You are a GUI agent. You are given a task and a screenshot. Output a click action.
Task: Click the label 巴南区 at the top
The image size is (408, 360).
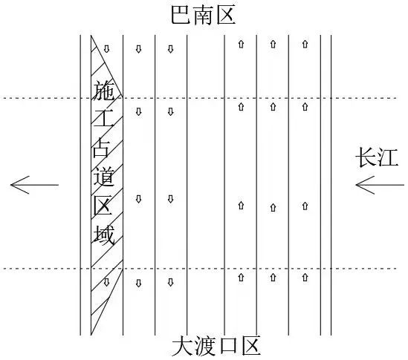[203, 15]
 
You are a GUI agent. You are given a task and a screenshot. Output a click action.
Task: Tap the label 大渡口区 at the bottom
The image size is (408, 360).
[216, 346]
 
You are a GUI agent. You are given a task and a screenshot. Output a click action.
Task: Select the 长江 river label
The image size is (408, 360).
[377, 157]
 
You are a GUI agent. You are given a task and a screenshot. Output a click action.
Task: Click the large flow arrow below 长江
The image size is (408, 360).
[380, 185]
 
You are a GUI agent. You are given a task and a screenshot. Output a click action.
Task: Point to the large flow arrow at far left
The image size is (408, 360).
[34, 185]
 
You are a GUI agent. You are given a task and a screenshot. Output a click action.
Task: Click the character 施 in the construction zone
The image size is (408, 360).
[103, 91]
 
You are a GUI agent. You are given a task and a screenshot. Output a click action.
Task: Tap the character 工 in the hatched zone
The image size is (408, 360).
[103, 118]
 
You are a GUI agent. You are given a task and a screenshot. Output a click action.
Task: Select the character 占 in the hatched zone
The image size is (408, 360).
[101, 148]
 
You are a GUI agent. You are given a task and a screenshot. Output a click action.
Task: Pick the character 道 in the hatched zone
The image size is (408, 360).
[104, 177]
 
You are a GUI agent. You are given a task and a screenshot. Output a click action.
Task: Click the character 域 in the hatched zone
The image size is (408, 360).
[104, 235]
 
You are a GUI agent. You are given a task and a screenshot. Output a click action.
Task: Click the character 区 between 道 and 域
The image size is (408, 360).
[103, 206]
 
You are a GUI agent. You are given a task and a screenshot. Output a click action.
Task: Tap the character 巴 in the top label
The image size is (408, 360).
[181, 15]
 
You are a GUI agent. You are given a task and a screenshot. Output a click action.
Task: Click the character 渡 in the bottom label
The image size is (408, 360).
[206, 346]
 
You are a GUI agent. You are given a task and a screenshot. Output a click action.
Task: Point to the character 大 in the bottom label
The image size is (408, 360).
[182, 346]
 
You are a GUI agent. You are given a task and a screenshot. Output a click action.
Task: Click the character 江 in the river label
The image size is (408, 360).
[388, 157]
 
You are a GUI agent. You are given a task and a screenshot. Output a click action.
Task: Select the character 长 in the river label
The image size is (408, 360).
[366, 157]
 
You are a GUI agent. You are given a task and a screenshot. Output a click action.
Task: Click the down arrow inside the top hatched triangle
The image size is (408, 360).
[107, 48]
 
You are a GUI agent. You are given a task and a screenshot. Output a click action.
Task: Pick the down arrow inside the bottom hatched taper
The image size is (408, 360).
[106, 282]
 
